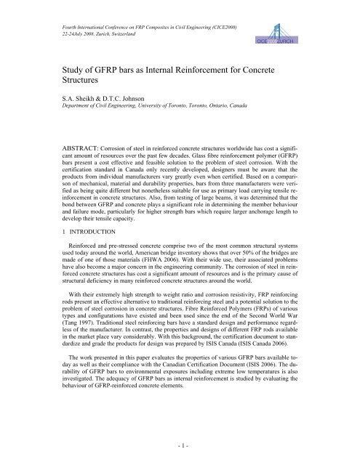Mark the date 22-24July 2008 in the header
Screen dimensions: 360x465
(67, 21)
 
